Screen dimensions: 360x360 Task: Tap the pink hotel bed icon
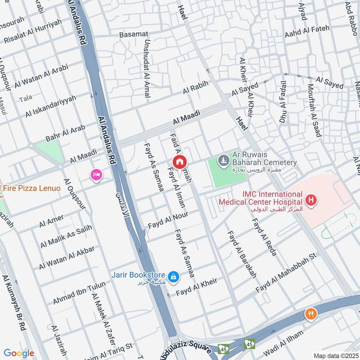96,175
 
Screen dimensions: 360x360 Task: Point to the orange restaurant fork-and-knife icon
310,314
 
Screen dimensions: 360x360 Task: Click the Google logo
19,353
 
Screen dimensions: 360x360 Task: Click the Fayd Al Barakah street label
242,254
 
